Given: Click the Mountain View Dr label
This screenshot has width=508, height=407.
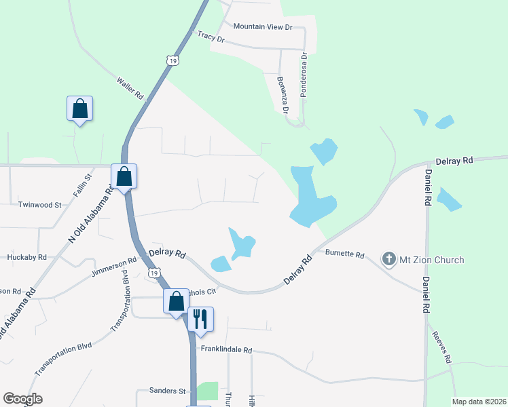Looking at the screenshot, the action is click(x=262, y=27).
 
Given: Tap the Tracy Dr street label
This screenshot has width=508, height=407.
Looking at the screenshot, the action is click(x=211, y=37).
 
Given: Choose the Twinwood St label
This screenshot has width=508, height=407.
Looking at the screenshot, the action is click(x=39, y=204).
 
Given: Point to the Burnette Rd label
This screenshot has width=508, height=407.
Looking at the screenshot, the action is click(x=345, y=255).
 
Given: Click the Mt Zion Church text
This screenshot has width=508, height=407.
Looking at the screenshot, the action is click(x=432, y=260).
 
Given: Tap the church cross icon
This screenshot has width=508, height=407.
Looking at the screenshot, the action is click(x=389, y=259).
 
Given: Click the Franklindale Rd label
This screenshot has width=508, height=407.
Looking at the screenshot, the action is click(x=226, y=350).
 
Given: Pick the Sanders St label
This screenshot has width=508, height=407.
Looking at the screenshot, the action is click(x=162, y=391).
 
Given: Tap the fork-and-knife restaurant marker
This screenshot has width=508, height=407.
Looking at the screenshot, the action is click(x=200, y=319).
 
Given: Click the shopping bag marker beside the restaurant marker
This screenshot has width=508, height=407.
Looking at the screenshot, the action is click(x=176, y=301).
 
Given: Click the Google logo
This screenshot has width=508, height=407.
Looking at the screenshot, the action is click(x=22, y=399).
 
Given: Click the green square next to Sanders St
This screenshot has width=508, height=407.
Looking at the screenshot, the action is click(x=208, y=391).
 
